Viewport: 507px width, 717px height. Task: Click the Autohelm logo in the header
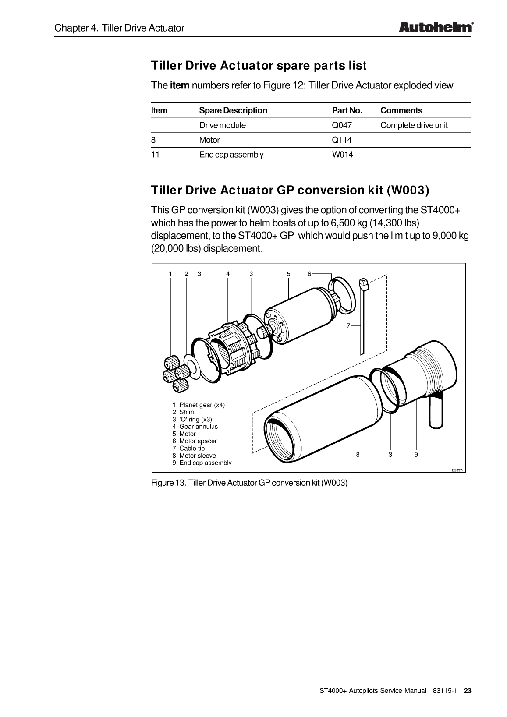click(x=436, y=27)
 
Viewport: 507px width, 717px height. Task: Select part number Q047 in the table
click(x=342, y=125)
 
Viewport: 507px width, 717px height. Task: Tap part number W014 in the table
click(x=342, y=155)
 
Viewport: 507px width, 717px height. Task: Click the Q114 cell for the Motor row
click(x=342, y=140)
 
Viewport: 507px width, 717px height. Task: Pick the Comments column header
click(x=401, y=111)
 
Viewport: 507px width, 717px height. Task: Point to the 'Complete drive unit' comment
click(x=414, y=125)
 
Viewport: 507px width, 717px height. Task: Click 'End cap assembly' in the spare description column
click(x=231, y=155)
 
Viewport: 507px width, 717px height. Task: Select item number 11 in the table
click(x=155, y=155)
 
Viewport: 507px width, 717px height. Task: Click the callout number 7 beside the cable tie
click(x=348, y=326)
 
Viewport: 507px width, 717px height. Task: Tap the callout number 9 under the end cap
click(x=416, y=455)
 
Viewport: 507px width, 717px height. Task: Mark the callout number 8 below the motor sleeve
click(x=358, y=455)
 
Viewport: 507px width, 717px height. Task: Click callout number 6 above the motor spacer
click(x=309, y=274)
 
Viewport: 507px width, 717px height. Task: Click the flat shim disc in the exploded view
click(x=191, y=362)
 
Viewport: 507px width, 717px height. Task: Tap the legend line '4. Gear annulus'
click(x=195, y=427)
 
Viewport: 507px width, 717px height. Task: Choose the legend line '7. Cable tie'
click(x=188, y=449)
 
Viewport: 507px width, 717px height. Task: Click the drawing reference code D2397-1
click(x=458, y=471)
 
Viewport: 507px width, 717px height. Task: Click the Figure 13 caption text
click(x=249, y=483)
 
